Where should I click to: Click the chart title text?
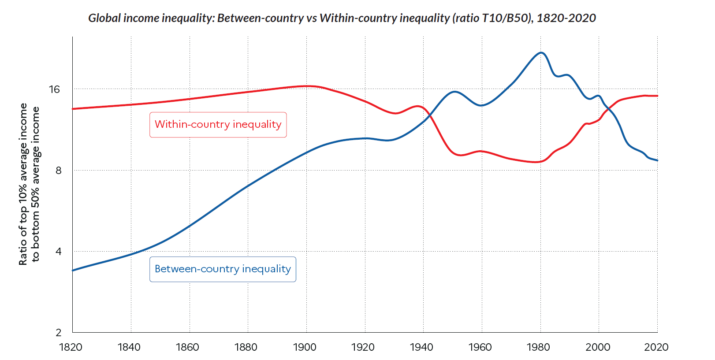(x=342, y=18)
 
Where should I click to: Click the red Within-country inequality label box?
(x=218, y=125)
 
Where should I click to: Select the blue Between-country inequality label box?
(x=223, y=269)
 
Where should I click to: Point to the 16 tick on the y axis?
(x=54, y=89)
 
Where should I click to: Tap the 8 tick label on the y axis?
(x=59, y=171)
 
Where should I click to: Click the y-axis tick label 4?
(x=59, y=252)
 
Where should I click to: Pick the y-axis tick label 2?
(x=59, y=333)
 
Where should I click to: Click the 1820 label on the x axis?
(x=71, y=347)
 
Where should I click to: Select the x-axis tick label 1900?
(x=305, y=347)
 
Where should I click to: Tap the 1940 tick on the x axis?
(x=421, y=347)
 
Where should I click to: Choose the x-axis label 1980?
(x=538, y=347)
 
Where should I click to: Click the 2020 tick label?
(x=656, y=347)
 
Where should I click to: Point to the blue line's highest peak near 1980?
(x=541, y=53)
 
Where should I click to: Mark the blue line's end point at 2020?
(x=657, y=160)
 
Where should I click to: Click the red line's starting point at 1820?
(x=73, y=108)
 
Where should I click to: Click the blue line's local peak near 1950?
(x=454, y=92)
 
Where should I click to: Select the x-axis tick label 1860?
(x=187, y=347)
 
